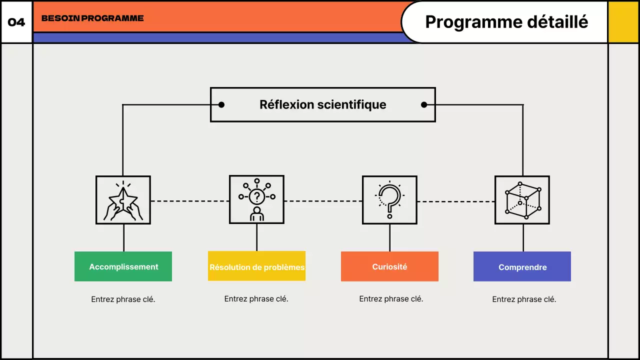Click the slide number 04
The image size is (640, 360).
tap(16, 22)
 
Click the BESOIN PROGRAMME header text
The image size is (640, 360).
tap(92, 18)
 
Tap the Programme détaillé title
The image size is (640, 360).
tap(506, 22)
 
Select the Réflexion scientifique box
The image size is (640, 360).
tap(322, 104)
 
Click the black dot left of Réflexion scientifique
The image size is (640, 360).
tap(221, 104)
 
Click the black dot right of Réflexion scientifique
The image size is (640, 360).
tap(424, 104)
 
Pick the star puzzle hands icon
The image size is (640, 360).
tap(123, 200)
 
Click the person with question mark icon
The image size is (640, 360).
tap(256, 199)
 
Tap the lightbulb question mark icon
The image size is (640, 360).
tap(389, 199)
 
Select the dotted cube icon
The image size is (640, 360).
tap(522, 200)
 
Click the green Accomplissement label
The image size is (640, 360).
tap(123, 266)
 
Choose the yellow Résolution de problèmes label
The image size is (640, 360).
tap(256, 266)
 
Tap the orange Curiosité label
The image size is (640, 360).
tap(389, 266)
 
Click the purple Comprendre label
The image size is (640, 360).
tap(522, 267)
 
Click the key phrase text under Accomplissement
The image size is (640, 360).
tap(123, 299)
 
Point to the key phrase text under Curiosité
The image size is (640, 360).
tap(391, 299)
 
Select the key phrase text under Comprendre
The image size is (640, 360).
tap(524, 299)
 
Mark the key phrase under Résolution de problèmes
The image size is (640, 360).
tap(256, 299)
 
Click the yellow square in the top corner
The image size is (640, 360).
tap(623, 22)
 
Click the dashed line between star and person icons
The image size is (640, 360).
tap(189, 201)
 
